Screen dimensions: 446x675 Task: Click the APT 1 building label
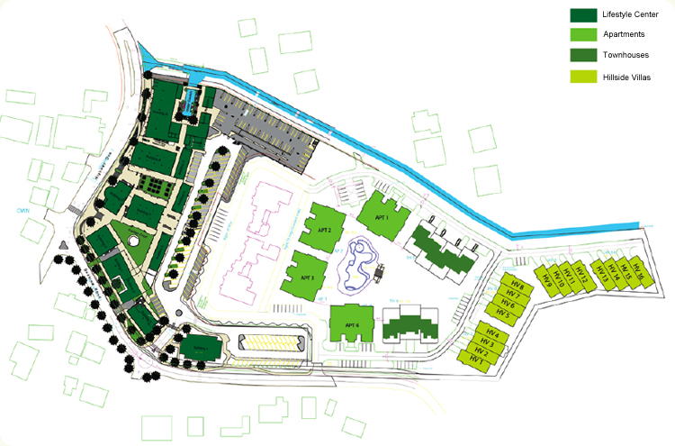(381, 217)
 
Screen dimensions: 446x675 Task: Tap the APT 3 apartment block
(306, 278)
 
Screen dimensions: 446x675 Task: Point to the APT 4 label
(351, 325)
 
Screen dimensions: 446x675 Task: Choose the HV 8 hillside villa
(516, 286)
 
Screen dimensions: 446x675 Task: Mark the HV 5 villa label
(502, 314)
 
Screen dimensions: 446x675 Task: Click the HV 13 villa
(603, 278)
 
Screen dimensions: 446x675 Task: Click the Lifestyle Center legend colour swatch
(583, 15)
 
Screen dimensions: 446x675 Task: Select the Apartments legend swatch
(583, 36)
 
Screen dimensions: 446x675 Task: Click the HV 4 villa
(490, 336)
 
